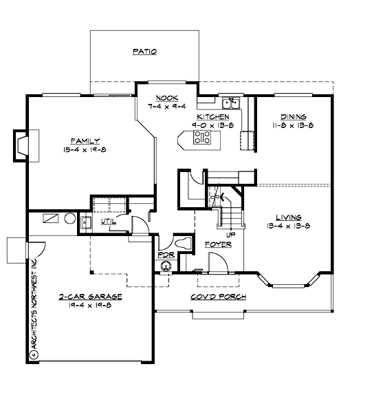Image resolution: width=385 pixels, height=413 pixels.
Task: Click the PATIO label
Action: pos(144,52)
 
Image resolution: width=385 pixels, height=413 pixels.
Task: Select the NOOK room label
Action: pos(166,98)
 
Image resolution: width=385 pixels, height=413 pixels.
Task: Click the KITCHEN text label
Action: pos(214,118)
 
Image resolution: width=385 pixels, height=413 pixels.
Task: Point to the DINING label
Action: pos(293,117)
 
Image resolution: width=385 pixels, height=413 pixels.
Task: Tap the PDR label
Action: pos(165,255)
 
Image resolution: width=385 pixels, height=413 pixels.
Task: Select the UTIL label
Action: pos(108,222)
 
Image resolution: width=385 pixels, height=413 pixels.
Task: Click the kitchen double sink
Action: pos(230,104)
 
